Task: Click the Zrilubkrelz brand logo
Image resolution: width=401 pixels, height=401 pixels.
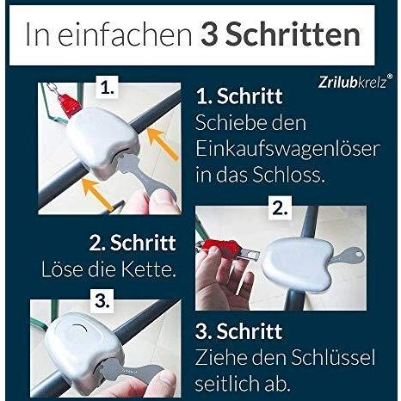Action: [355, 82]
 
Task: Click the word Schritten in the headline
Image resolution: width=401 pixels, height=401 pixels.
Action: [294, 34]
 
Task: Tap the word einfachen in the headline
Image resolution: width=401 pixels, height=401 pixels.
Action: [125, 35]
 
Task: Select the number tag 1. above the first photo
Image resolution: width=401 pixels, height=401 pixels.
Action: [107, 88]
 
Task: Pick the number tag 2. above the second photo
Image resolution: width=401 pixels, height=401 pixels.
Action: [280, 208]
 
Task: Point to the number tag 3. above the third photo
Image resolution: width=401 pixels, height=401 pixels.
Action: [102, 301]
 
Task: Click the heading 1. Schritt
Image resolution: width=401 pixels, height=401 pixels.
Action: [239, 96]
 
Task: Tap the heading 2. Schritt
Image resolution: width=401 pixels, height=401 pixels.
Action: [133, 243]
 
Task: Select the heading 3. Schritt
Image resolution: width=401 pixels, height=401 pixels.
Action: [238, 331]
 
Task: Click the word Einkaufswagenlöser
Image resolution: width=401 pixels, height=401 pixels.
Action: [287, 149]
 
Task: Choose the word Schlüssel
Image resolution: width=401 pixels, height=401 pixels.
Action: [333, 357]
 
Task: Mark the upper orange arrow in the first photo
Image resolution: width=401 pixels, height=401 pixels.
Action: [162, 143]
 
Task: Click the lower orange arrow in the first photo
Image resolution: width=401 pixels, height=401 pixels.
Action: [97, 194]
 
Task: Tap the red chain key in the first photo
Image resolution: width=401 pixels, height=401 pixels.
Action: [69, 103]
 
